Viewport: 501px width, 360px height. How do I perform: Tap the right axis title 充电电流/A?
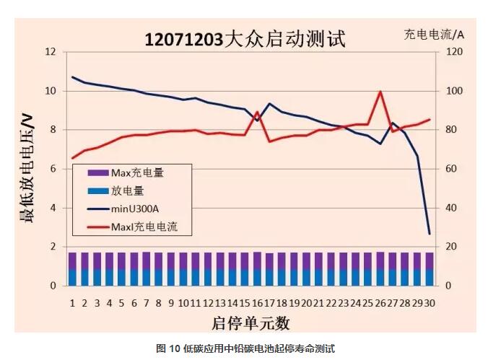point(433,34)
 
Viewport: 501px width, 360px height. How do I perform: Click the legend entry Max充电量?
point(137,173)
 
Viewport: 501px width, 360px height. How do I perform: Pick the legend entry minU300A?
point(135,209)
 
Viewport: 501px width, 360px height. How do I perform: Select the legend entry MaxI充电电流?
point(144,227)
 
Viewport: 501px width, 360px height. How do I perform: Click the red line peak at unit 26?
point(380,92)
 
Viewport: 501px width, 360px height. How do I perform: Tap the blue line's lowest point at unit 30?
point(430,234)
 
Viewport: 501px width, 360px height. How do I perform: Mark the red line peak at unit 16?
point(258,113)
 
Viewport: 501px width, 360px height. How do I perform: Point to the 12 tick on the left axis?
point(50,52)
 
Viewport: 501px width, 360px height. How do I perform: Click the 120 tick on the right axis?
point(453,52)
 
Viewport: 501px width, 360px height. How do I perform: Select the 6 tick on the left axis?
point(52,169)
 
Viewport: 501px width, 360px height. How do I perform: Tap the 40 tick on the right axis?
point(451,208)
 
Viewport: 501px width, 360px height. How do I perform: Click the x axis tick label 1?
point(72,303)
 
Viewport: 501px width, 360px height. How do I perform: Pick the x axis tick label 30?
point(430,303)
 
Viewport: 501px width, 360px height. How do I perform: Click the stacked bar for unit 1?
point(72,269)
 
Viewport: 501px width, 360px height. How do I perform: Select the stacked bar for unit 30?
point(430,269)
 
